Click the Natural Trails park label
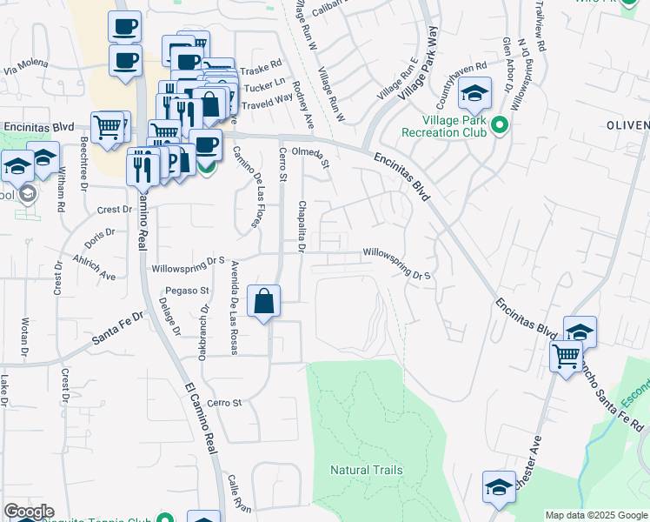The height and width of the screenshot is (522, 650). coord(366,470)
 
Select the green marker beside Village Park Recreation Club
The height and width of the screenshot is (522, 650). coord(499,126)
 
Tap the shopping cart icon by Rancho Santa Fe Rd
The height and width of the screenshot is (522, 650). coord(566,355)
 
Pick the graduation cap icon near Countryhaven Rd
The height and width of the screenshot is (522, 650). coord(474,92)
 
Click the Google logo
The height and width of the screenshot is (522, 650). coord(29,512)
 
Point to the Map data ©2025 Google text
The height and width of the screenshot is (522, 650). coord(596,515)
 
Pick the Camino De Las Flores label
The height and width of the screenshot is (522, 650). coord(248,188)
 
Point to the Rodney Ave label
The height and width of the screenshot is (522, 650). coord(303,105)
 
